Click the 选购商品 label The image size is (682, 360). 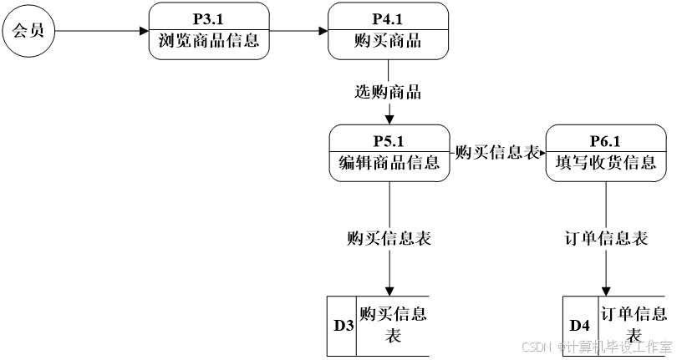pos(388,93)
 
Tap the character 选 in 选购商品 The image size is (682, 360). pos(363,93)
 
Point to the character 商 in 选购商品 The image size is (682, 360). pos(396,93)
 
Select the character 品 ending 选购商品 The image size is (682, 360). pos(413,93)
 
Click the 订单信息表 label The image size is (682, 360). pos(606,238)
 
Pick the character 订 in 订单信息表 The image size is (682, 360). pos(573,238)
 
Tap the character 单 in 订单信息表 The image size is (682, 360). pos(589,238)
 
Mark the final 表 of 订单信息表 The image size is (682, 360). pos(639,238)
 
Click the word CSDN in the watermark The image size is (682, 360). pos(536,346)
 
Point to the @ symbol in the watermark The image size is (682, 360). pos(561,346)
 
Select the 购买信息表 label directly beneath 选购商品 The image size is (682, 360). pos(389,238)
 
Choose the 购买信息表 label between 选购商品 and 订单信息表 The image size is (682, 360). pos(496,153)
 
